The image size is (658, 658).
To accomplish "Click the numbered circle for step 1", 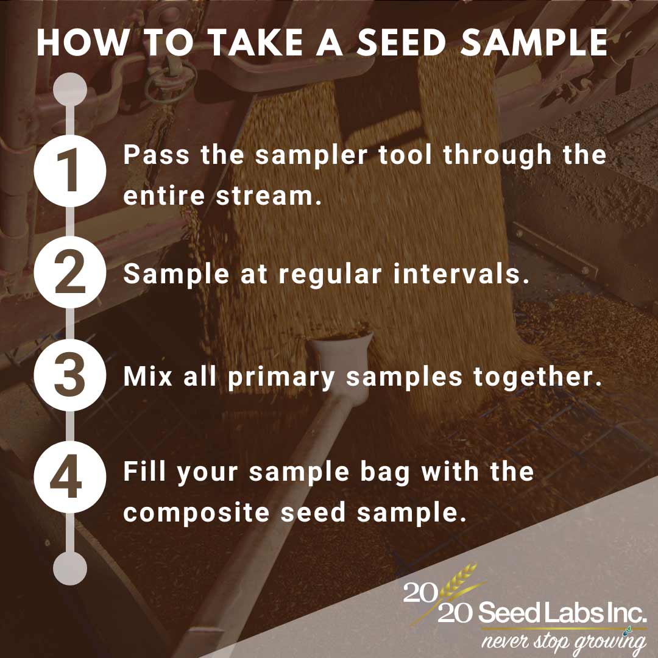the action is [x=70, y=171].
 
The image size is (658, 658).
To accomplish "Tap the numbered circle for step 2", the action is [x=70, y=272].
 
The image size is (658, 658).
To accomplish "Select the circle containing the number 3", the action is [x=70, y=375].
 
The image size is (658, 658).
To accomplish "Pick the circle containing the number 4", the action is [x=70, y=477].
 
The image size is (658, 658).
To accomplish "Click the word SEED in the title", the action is [x=401, y=43].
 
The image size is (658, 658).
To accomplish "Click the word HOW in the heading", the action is [x=83, y=43].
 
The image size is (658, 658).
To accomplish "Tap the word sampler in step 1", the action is [x=311, y=155].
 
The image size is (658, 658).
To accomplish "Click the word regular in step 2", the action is [x=330, y=275].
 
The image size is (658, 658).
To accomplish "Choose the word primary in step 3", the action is [x=281, y=377].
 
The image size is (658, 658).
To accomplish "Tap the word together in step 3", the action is [x=537, y=377].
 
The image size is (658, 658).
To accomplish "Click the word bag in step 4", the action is [x=385, y=473].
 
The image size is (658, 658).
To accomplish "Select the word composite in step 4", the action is [x=196, y=513].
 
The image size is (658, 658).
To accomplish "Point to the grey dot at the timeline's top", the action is [x=70, y=90].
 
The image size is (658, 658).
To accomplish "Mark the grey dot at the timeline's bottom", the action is [x=70, y=568].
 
